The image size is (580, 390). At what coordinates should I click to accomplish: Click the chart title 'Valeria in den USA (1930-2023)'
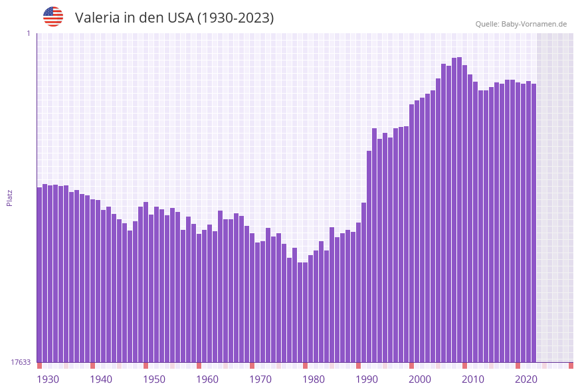(x=174, y=18)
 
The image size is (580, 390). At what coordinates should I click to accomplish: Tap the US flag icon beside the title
(x=53, y=17)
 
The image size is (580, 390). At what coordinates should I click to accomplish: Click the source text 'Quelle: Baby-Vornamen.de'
(x=521, y=24)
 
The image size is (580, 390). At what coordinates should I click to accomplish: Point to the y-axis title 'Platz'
(x=10, y=197)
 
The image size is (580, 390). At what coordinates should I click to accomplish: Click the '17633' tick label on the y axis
(x=21, y=362)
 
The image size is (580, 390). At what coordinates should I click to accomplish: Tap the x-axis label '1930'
(x=48, y=379)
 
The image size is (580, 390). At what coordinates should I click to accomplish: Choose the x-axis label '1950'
(x=154, y=379)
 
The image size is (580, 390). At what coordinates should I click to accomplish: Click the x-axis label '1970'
(x=260, y=379)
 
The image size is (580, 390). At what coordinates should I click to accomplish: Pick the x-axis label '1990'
(x=367, y=379)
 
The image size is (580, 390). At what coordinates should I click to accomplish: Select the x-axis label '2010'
(x=473, y=379)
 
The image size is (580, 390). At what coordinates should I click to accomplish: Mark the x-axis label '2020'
(x=526, y=379)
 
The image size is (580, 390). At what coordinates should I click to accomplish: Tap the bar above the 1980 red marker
(x=305, y=312)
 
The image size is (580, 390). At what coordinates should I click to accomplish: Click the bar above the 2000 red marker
(x=411, y=233)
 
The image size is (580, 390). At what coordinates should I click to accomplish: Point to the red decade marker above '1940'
(x=92, y=365)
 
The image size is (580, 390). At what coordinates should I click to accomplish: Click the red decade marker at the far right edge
(x=571, y=365)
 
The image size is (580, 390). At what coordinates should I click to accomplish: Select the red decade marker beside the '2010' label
(x=464, y=365)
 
